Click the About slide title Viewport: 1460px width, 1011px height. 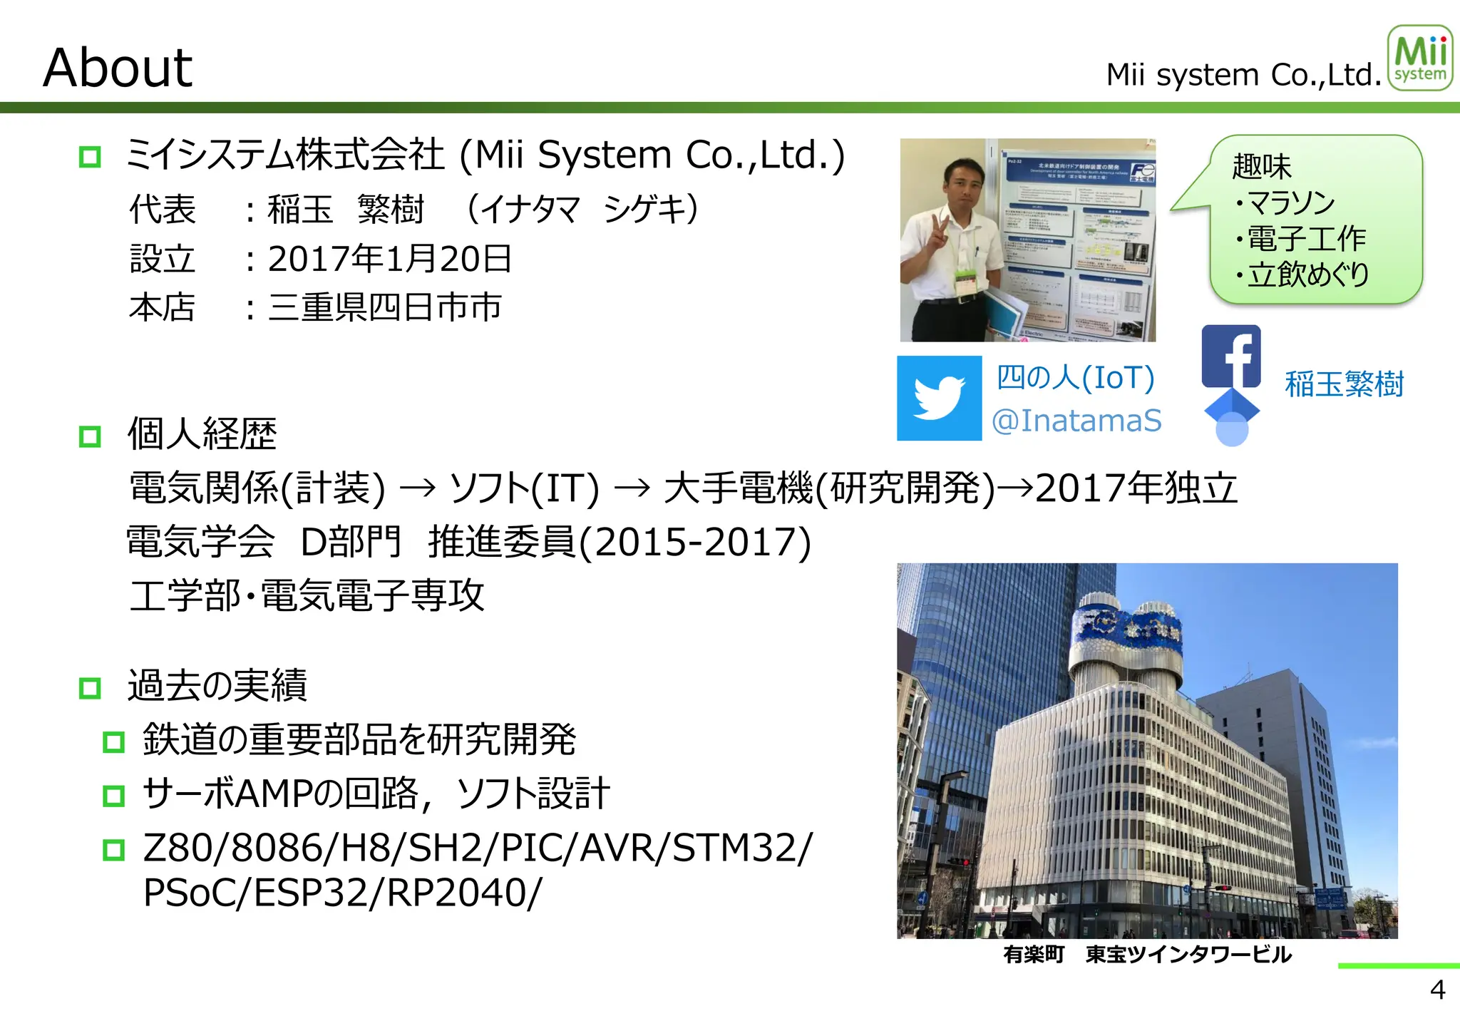[118, 68]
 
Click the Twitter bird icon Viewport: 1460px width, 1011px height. [939, 398]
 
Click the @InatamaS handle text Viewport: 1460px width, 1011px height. [1076, 421]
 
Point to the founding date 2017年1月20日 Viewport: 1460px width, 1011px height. [390, 259]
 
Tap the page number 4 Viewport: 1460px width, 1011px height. [1437, 990]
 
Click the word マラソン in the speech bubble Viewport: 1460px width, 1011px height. [1291, 203]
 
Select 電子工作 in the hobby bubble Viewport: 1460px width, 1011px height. [1306, 239]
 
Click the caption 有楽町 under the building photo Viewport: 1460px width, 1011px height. [1034, 954]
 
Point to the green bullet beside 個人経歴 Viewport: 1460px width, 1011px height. [90, 436]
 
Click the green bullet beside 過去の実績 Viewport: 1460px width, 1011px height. [90, 688]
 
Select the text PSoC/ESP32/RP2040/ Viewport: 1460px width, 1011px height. [342, 893]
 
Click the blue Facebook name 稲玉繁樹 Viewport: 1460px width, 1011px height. [1344, 384]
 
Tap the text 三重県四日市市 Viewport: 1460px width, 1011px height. [385, 308]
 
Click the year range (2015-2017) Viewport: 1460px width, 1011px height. [695, 543]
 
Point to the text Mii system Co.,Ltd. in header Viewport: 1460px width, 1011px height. [1244, 75]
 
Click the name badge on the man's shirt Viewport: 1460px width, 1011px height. [966, 284]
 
